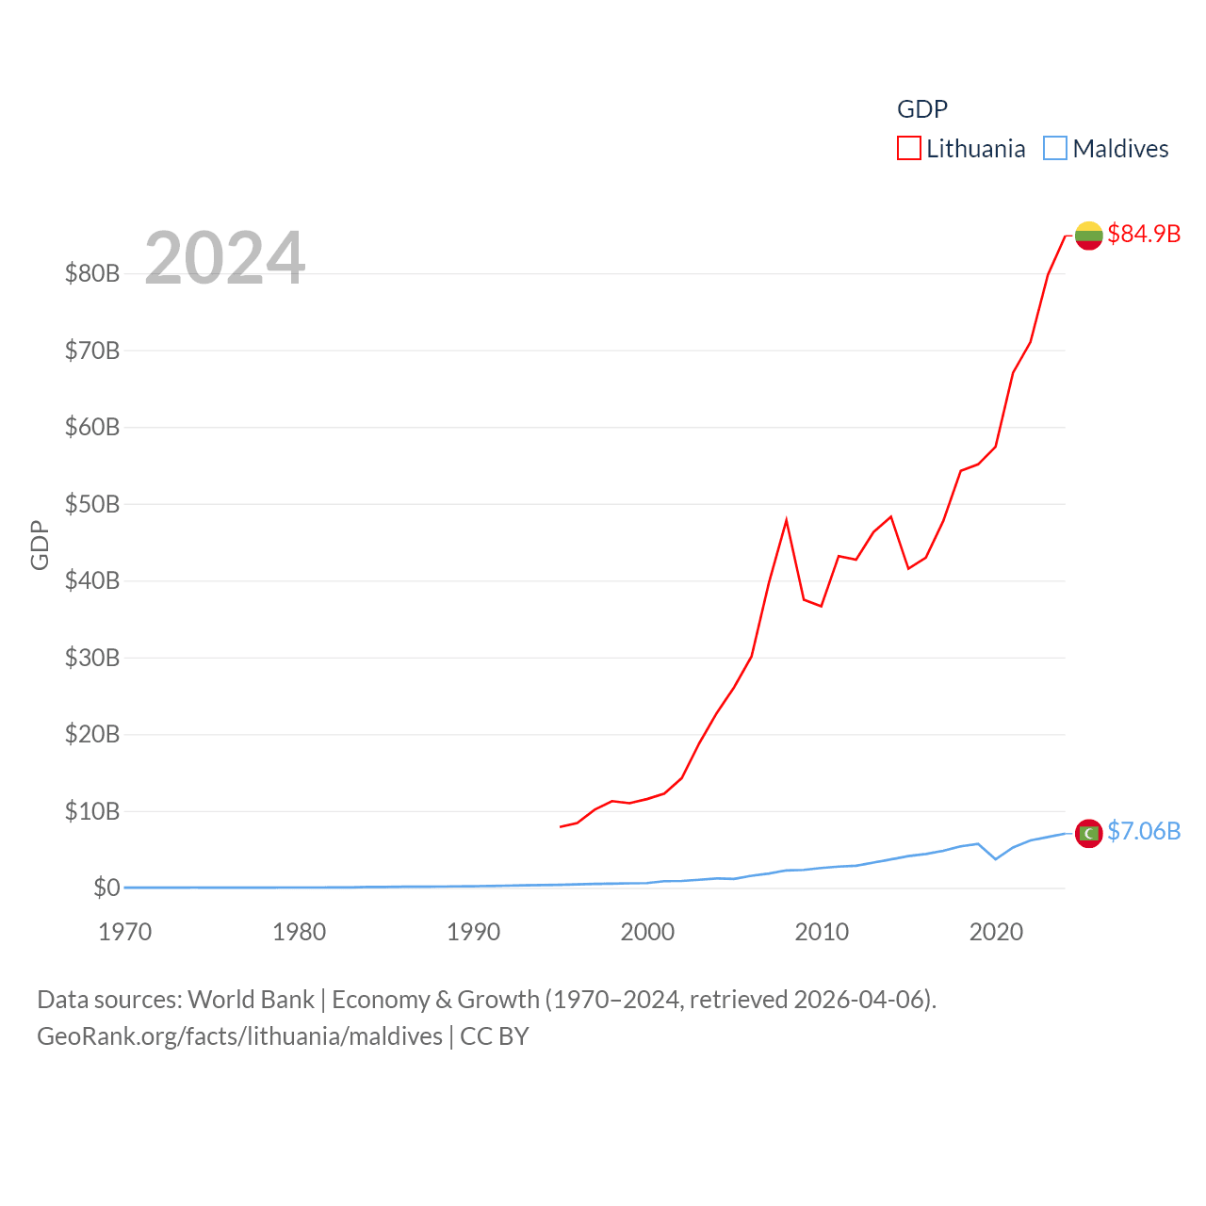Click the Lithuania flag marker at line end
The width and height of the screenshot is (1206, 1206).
1088,236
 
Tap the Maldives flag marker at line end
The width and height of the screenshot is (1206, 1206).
1088,834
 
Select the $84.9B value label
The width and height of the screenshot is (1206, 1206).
1144,234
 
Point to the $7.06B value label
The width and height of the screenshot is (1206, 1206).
1144,831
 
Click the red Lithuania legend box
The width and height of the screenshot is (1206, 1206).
908,149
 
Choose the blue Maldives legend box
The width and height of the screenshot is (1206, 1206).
1055,149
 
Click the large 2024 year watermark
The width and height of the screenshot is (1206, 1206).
225,257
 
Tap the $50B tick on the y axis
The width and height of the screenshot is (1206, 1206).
92,504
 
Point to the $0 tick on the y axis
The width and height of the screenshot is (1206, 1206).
106,888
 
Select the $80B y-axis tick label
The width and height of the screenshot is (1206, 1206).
92,273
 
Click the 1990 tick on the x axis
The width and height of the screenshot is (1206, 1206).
473,932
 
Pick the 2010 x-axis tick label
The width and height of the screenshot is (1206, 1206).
822,932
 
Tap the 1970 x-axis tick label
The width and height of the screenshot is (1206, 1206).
125,932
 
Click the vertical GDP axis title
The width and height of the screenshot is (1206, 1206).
40,545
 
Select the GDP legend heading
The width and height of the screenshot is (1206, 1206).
922,109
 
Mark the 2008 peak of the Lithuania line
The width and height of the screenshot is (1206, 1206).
786,520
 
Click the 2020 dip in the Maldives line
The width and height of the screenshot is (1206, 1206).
995,858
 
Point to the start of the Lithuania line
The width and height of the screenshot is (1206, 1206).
561,826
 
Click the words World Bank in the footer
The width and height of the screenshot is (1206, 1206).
251,999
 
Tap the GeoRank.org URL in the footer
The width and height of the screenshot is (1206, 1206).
239,1036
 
